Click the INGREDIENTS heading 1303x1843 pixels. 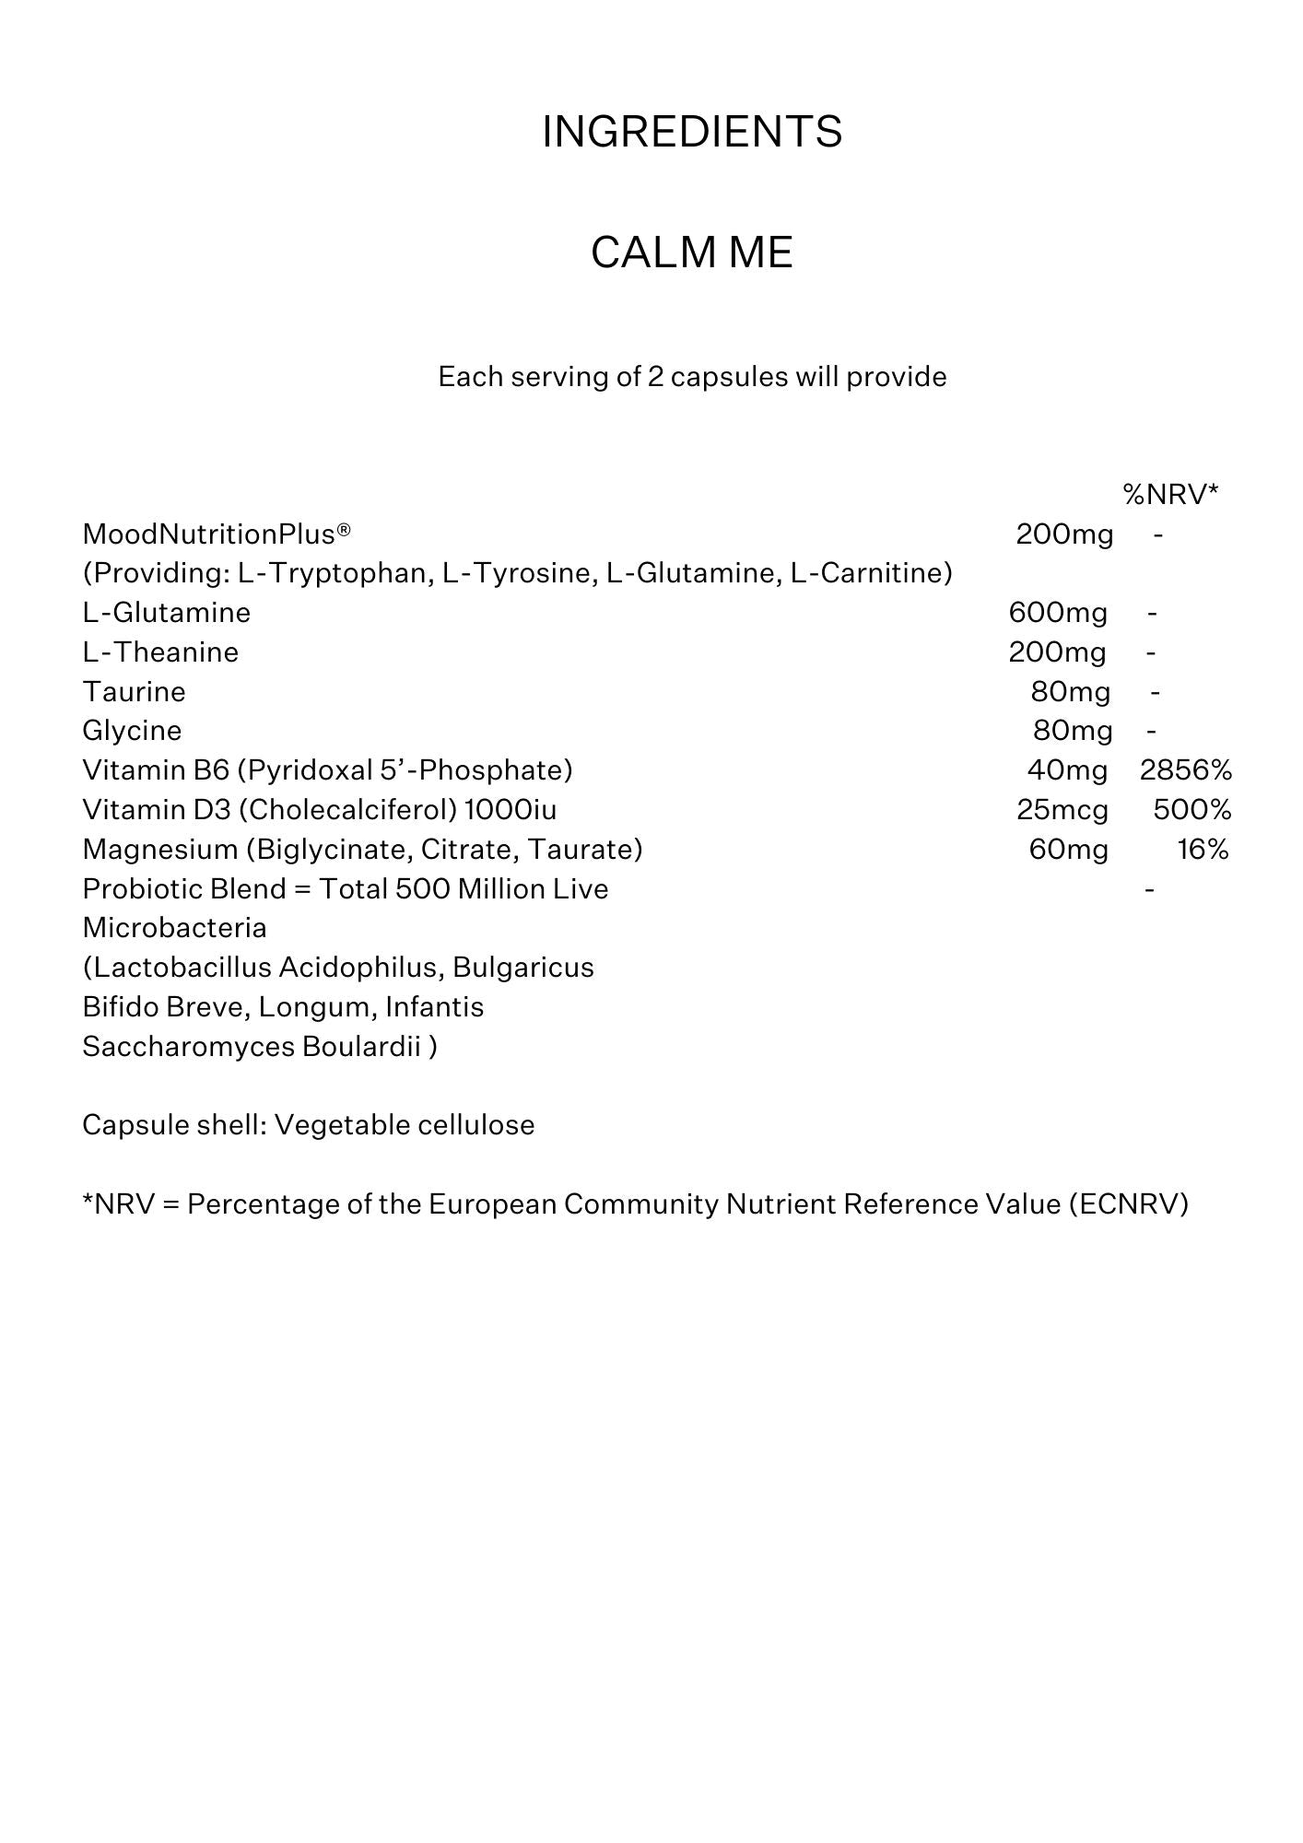(x=691, y=132)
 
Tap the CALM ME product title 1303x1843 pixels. (x=691, y=252)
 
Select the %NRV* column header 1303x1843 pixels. (x=1170, y=495)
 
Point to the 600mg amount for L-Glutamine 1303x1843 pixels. (x=1058, y=613)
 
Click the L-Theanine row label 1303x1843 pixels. (x=160, y=652)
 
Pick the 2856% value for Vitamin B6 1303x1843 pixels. (x=1185, y=770)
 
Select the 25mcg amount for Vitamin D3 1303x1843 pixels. (x=1062, y=810)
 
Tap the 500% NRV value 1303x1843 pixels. (x=1191, y=810)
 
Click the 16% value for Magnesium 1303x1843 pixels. (x=1203, y=849)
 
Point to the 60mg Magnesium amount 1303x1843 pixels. (x=1068, y=849)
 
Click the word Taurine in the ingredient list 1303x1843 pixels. (x=135, y=692)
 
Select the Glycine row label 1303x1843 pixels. (x=132, y=731)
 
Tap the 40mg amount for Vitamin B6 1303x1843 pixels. (x=1067, y=770)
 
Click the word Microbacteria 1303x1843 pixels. (x=174, y=928)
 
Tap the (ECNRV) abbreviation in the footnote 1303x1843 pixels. (x=1129, y=1204)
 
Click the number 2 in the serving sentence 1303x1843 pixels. (x=655, y=377)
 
